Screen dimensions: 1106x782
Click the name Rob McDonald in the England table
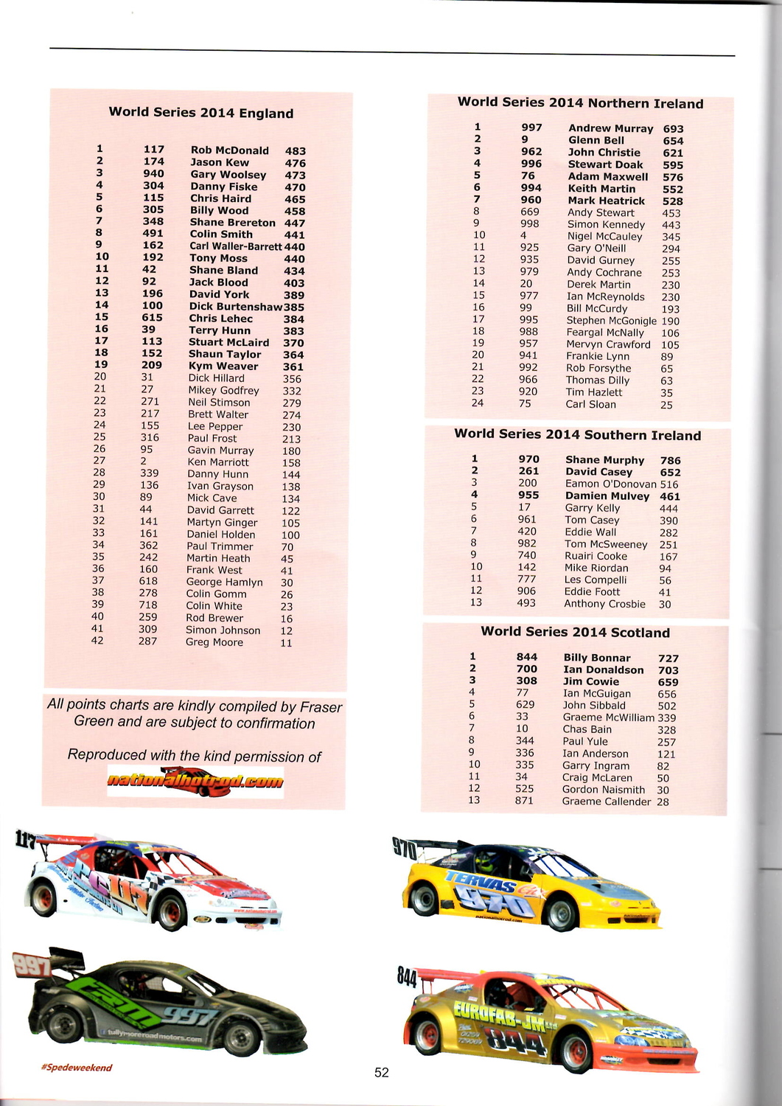(x=229, y=150)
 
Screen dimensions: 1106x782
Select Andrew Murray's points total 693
(x=673, y=129)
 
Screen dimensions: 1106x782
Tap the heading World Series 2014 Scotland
(x=575, y=632)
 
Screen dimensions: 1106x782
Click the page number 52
(x=381, y=1073)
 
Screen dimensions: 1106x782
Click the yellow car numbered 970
(x=531, y=885)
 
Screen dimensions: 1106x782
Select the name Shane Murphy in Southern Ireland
(x=604, y=460)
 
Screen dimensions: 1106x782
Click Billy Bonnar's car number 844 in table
(x=526, y=657)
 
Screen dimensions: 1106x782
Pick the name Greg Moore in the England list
(x=214, y=642)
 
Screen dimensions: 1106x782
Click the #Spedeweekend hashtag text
(x=77, y=1068)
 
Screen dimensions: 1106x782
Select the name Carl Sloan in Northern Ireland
(x=590, y=404)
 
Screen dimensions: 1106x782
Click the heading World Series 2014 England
(x=200, y=113)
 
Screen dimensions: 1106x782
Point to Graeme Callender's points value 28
(x=663, y=802)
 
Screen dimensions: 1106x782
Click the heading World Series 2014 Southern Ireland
(x=577, y=435)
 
